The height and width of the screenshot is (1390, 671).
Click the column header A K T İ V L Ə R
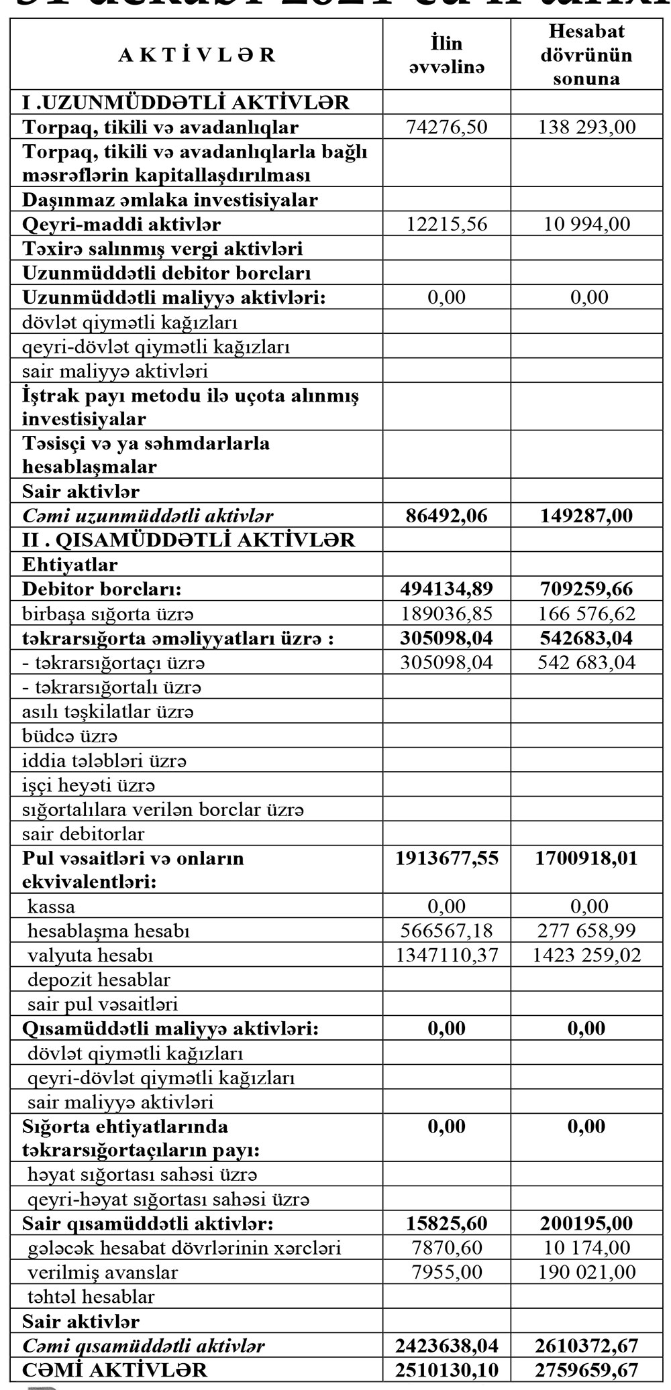pos(196,55)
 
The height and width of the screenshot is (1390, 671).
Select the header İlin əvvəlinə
pos(446,55)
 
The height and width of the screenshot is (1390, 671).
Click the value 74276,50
pos(446,127)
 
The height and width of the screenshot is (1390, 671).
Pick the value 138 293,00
pos(586,127)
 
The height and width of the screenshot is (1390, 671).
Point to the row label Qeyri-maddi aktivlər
pos(121,224)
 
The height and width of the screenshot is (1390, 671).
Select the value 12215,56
pos(446,224)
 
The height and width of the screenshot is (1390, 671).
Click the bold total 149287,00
pos(586,516)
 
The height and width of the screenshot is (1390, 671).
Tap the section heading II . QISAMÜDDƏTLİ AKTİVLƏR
pos(189,540)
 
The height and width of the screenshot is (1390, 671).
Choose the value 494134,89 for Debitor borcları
pos(446,589)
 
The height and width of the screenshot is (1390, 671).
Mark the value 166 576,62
pos(586,614)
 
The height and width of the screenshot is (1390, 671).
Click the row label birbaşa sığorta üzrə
pos(108,614)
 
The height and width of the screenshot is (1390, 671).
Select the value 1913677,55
pos(446,858)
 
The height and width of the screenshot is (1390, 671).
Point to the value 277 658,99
pos(586,931)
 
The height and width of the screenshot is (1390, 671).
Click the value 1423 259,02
pos(586,955)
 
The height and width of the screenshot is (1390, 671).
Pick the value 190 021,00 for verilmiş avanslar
pos(586,1272)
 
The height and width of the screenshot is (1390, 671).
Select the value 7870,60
pos(446,1247)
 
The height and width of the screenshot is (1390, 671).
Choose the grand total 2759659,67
pos(586,1369)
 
